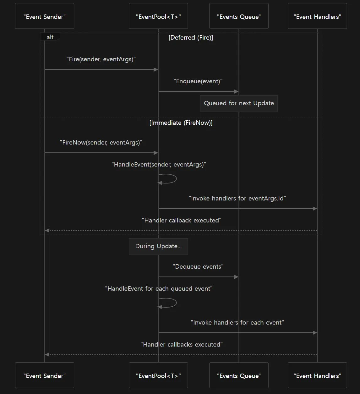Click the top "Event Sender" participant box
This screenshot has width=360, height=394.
coord(45,16)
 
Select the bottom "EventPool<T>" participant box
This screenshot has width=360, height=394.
coord(158,375)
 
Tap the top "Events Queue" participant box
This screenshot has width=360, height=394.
coord(239,16)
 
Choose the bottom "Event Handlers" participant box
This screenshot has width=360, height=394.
coord(317,375)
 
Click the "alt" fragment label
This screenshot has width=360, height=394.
coord(50,37)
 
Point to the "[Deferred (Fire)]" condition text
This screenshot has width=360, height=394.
coord(191,37)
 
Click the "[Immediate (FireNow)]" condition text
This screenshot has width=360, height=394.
coord(181,123)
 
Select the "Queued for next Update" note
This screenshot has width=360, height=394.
coord(239,103)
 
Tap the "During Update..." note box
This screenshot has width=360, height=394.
coord(158,247)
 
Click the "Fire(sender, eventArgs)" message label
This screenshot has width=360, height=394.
coord(101,59)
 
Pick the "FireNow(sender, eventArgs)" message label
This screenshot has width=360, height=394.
coord(101,142)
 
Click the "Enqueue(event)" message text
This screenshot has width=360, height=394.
coord(198,81)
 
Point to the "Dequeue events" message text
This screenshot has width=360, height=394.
coord(198,266)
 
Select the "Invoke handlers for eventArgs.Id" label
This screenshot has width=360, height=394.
coord(237,198)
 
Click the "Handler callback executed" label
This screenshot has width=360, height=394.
coord(182,220)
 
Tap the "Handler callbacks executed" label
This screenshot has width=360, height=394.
coord(182,344)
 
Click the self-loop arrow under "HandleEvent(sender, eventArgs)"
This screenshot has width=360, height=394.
coord(176,178)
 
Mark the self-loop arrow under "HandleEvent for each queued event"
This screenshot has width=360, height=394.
coord(176,303)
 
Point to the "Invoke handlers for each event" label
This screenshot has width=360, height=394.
coord(237,322)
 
